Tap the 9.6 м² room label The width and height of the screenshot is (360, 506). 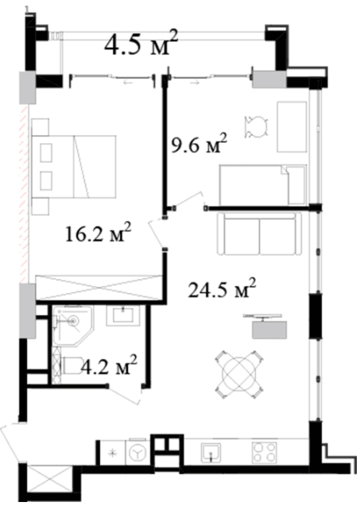[199, 145]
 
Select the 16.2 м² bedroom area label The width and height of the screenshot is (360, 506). [98, 234]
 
